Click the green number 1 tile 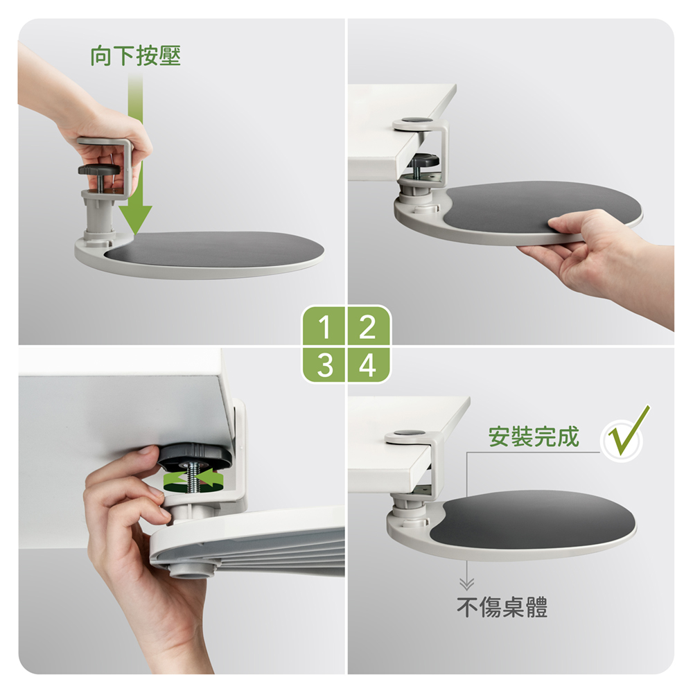(x=324, y=326)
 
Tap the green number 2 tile (x=368, y=326)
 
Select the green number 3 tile (x=324, y=365)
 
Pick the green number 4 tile (x=368, y=365)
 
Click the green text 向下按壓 (x=136, y=55)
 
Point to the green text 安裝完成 (x=534, y=437)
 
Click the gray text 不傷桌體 (x=502, y=607)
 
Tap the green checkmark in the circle (x=628, y=432)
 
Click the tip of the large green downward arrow (x=135, y=234)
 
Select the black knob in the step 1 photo (x=99, y=170)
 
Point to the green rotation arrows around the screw (x=193, y=480)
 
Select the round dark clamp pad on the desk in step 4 (x=409, y=433)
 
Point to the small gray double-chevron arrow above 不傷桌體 (x=466, y=584)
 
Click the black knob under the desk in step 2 (x=422, y=161)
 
